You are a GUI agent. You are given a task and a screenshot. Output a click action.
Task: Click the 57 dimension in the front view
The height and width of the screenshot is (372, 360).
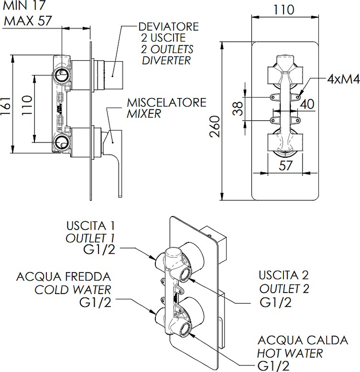pos(285,166)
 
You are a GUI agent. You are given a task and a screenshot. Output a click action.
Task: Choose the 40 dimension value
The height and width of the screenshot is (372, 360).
pos(308,104)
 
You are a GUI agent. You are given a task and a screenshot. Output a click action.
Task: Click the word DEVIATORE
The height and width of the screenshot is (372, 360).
pos(168,26)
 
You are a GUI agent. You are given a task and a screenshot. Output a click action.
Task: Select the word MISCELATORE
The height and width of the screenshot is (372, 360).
pos(166,103)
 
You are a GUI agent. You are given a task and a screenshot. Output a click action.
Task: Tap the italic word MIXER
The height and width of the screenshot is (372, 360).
pos(144,114)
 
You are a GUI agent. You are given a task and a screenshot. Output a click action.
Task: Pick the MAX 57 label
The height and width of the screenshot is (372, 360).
pos(27,21)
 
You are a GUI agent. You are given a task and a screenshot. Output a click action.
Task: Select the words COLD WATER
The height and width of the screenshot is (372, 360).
pos(73,289)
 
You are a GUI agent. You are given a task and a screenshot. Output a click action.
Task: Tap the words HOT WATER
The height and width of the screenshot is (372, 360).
pos(290,353)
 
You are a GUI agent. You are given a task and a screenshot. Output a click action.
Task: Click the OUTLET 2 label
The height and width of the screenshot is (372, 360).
pos(284,288)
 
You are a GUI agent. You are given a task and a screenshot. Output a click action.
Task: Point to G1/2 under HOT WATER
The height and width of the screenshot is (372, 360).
pos(273,366)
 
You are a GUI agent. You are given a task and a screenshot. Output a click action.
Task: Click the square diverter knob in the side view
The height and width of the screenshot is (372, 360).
pos(114,74)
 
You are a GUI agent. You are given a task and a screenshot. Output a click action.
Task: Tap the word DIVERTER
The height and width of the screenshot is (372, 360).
pos(166,60)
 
